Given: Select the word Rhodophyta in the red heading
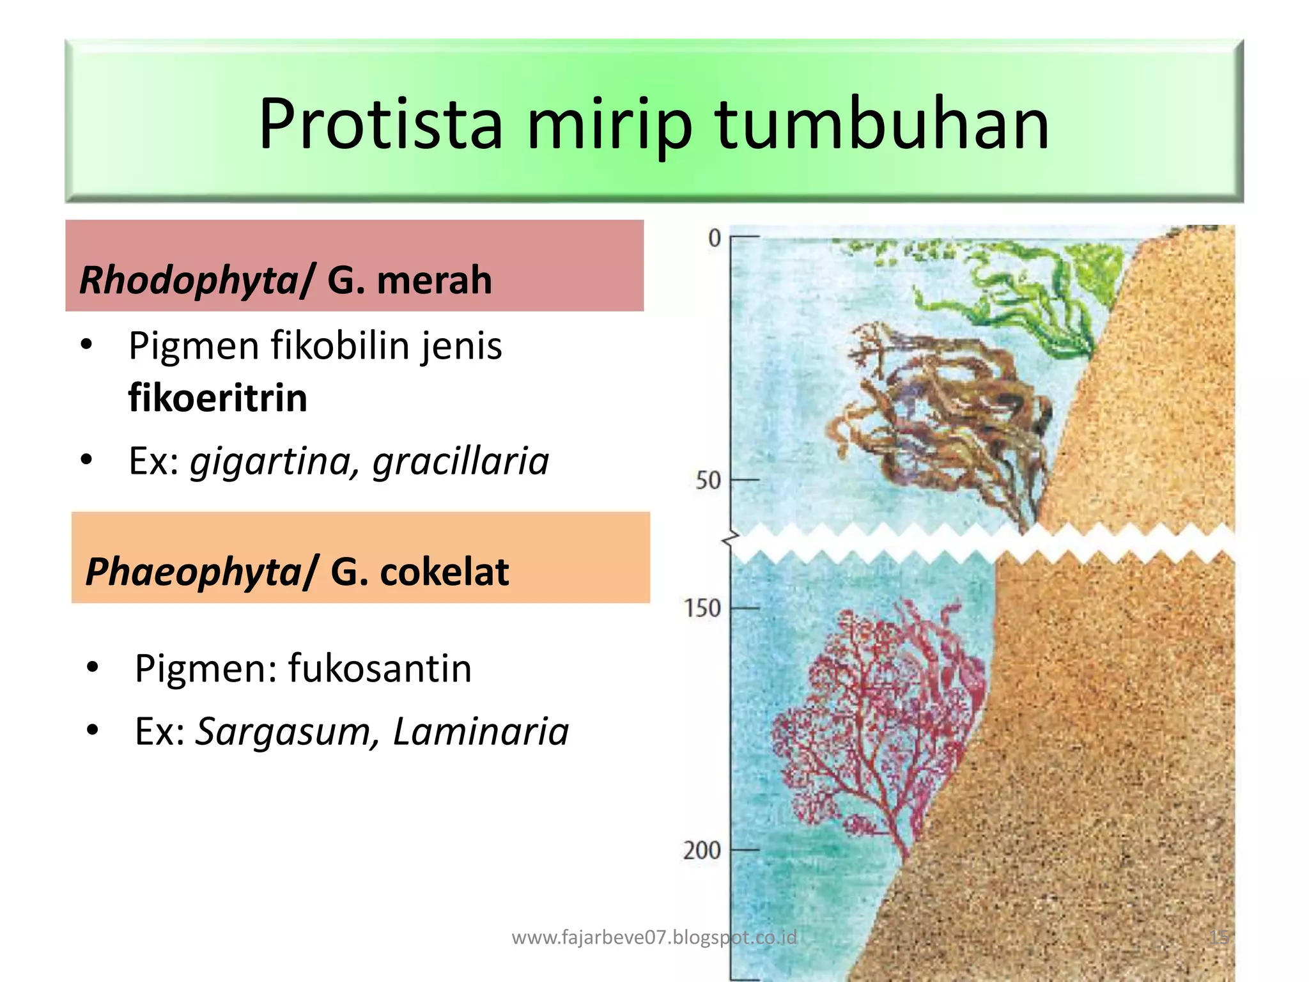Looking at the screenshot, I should pos(189,280).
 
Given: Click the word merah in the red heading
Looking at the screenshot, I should pos(435,280).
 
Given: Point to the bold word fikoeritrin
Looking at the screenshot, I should pos(218,398).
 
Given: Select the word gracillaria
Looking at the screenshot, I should pos(461,462).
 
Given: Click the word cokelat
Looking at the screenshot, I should pos(444,571).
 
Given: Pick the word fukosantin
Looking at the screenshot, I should pos(380,669).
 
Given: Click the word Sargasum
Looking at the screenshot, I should pos(282,731).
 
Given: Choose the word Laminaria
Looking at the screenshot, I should pos(480,731).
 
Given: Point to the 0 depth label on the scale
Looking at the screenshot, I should pos(714,238).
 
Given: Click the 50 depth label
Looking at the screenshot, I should pos(708,480).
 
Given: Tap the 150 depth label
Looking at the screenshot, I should pos(702,608).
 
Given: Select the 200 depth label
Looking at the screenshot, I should pos(701,851).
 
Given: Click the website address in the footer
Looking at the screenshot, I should pos(654,937).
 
